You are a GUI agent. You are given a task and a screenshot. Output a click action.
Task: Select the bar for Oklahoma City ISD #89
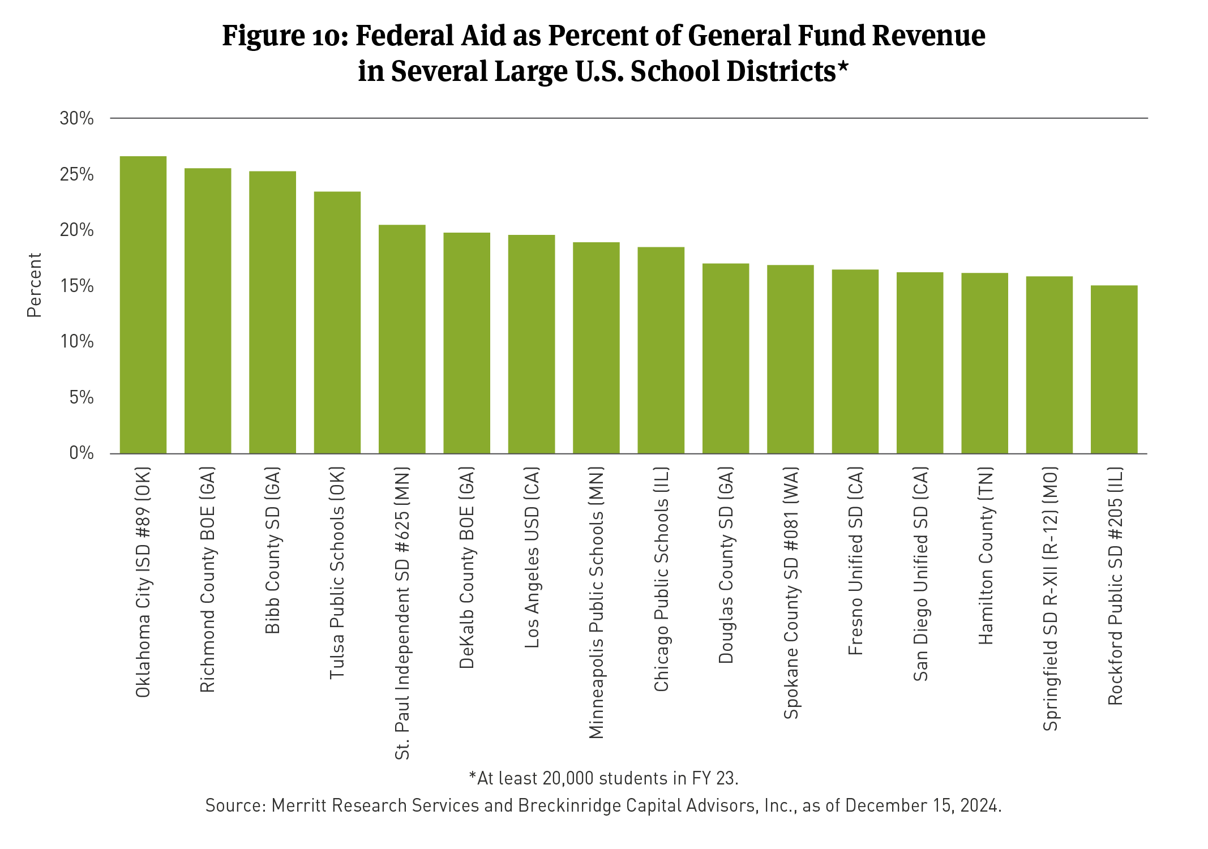point(143,305)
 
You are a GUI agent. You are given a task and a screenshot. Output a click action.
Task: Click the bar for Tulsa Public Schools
point(337,323)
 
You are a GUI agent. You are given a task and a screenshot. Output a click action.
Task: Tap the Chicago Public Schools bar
point(661,350)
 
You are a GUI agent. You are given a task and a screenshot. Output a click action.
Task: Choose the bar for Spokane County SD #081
point(790,359)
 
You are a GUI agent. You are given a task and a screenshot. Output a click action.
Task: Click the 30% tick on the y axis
point(76,118)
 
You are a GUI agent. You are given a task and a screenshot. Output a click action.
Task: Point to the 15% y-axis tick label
point(76,286)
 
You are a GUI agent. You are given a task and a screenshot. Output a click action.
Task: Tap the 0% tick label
point(81,453)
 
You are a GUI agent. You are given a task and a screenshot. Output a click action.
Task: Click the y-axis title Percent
point(35,285)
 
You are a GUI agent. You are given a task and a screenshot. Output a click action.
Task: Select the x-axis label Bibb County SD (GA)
point(273,551)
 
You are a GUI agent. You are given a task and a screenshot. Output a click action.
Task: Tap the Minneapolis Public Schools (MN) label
point(597,603)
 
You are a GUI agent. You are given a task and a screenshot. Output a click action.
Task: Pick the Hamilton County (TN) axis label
point(986,556)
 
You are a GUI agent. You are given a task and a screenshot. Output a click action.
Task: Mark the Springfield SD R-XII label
point(1051,599)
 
